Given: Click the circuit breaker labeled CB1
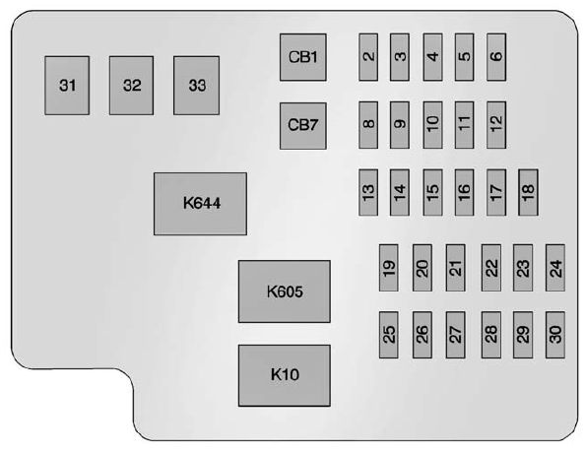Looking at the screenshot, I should [x=302, y=57].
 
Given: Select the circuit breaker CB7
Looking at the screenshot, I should [x=302, y=125].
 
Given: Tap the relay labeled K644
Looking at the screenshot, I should [x=200, y=204].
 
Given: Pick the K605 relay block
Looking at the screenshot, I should [x=284, y=292].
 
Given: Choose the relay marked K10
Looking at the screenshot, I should [x=284, y=374].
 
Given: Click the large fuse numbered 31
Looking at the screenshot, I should [x=67, y=86].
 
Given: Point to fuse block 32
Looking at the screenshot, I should [x=132, y=86].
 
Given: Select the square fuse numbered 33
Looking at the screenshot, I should [x=197, y=86].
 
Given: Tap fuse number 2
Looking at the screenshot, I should [x=368, y=56].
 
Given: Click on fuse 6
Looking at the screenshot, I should [x=496, y=56].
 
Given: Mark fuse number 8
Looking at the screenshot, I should [x=368, y=123].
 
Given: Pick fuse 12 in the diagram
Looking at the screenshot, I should [x=496, y=123].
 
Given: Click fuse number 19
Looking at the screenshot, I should [x=390, y=268].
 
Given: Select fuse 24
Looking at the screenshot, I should [x=555, y=268].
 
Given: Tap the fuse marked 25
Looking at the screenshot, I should [x=390, y=335].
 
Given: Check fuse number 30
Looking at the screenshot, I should [x=555, y=335].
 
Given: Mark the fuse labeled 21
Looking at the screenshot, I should [x=455, y=268].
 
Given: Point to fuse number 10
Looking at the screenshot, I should [x=432, y=123].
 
